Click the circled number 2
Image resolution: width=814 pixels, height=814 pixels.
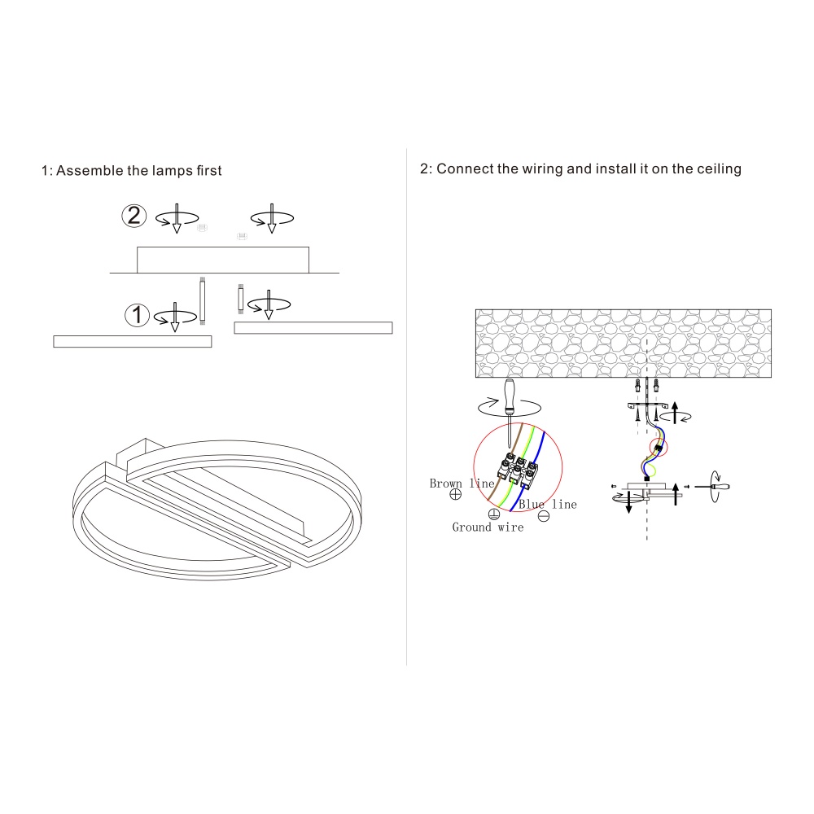134,216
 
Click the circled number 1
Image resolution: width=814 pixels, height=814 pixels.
137,314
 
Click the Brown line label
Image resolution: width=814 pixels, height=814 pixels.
462,484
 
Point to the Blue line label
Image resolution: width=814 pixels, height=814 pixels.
548,504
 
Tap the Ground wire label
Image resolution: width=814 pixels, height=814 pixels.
488,527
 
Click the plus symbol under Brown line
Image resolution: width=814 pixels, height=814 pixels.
455,494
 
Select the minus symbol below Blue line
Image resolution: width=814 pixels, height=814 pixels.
544,516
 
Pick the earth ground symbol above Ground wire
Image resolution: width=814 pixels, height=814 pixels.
494,514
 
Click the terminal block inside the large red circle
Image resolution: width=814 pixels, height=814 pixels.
518,470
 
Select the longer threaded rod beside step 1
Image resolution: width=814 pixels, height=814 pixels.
203,301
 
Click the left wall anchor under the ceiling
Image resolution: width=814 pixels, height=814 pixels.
637,385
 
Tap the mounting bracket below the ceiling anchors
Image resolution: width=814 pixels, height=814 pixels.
647,405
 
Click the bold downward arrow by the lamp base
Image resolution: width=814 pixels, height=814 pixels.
628,502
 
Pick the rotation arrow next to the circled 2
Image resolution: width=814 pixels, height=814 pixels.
177,218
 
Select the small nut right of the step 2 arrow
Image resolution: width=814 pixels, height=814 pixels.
203,227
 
